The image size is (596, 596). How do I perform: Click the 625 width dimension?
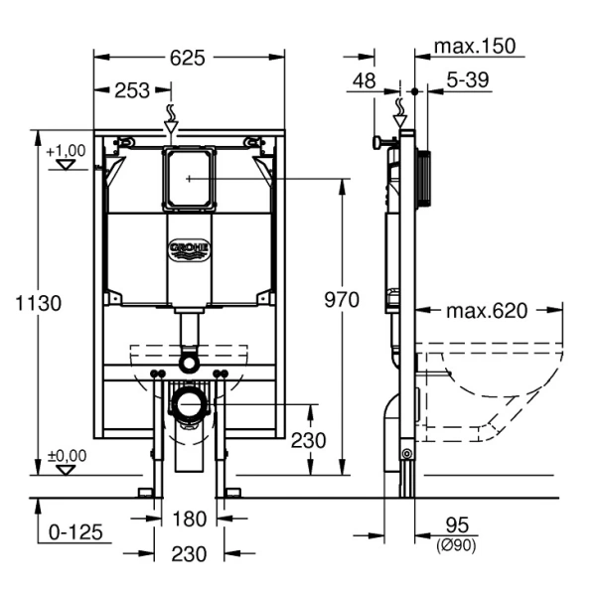coord(188,58)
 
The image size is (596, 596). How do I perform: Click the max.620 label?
coord(486,311)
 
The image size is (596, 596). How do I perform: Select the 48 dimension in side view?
coord(365,81)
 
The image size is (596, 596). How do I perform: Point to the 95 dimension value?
coord(458,524)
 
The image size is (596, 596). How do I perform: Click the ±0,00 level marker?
coord(67,456)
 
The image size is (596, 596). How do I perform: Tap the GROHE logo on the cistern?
coord(188,249)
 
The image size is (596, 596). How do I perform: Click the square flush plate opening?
coord(188,179)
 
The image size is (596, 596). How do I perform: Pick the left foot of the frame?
coord(147,492)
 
